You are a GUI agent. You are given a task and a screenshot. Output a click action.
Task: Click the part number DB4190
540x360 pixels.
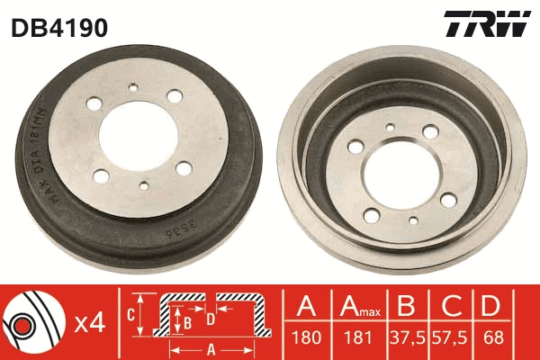click(59, 28)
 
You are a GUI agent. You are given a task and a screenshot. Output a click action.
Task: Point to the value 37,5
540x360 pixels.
click(407, 338)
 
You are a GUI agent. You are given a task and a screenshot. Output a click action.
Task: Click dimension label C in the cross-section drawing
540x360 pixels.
click(130, 314)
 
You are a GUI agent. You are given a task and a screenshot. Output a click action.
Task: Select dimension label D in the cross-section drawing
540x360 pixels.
click(210, 317)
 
